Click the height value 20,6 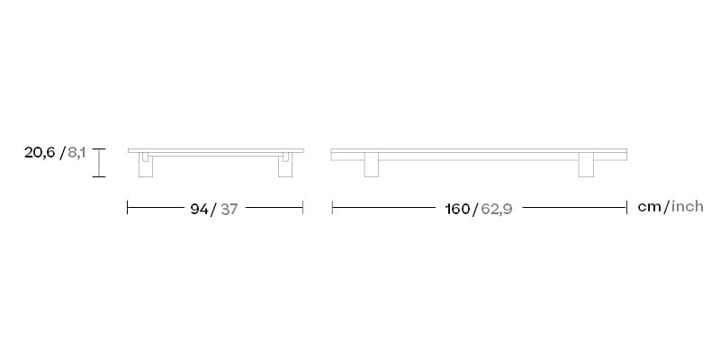[40, 154]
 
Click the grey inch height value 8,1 [76, 154]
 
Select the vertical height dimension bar [100, 163]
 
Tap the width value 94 [199, 209]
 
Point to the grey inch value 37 [229, 209]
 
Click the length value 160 [457, 209]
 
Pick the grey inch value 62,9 [496, 209]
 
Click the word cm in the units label [649, 207]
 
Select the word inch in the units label [686, 207]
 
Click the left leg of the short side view [146, 166]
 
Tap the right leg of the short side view [285, 166]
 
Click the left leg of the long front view [371, 165]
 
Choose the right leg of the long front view [586, 165]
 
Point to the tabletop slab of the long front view [479, 155]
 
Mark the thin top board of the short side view [216, 150]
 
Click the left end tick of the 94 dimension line [128, 208]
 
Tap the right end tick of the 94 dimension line [303, 208]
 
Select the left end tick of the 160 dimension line [333, 208]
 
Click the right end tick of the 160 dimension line [626, 208]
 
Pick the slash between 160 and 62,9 [475, 209]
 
